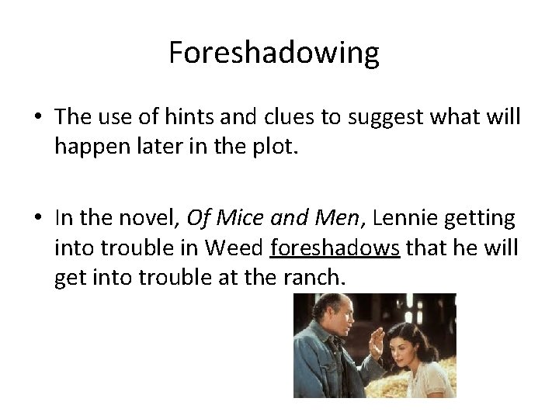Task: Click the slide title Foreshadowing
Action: click(274, 54)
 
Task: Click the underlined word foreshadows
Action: click(335, 249)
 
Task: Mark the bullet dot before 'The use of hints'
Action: click(37, 118)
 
